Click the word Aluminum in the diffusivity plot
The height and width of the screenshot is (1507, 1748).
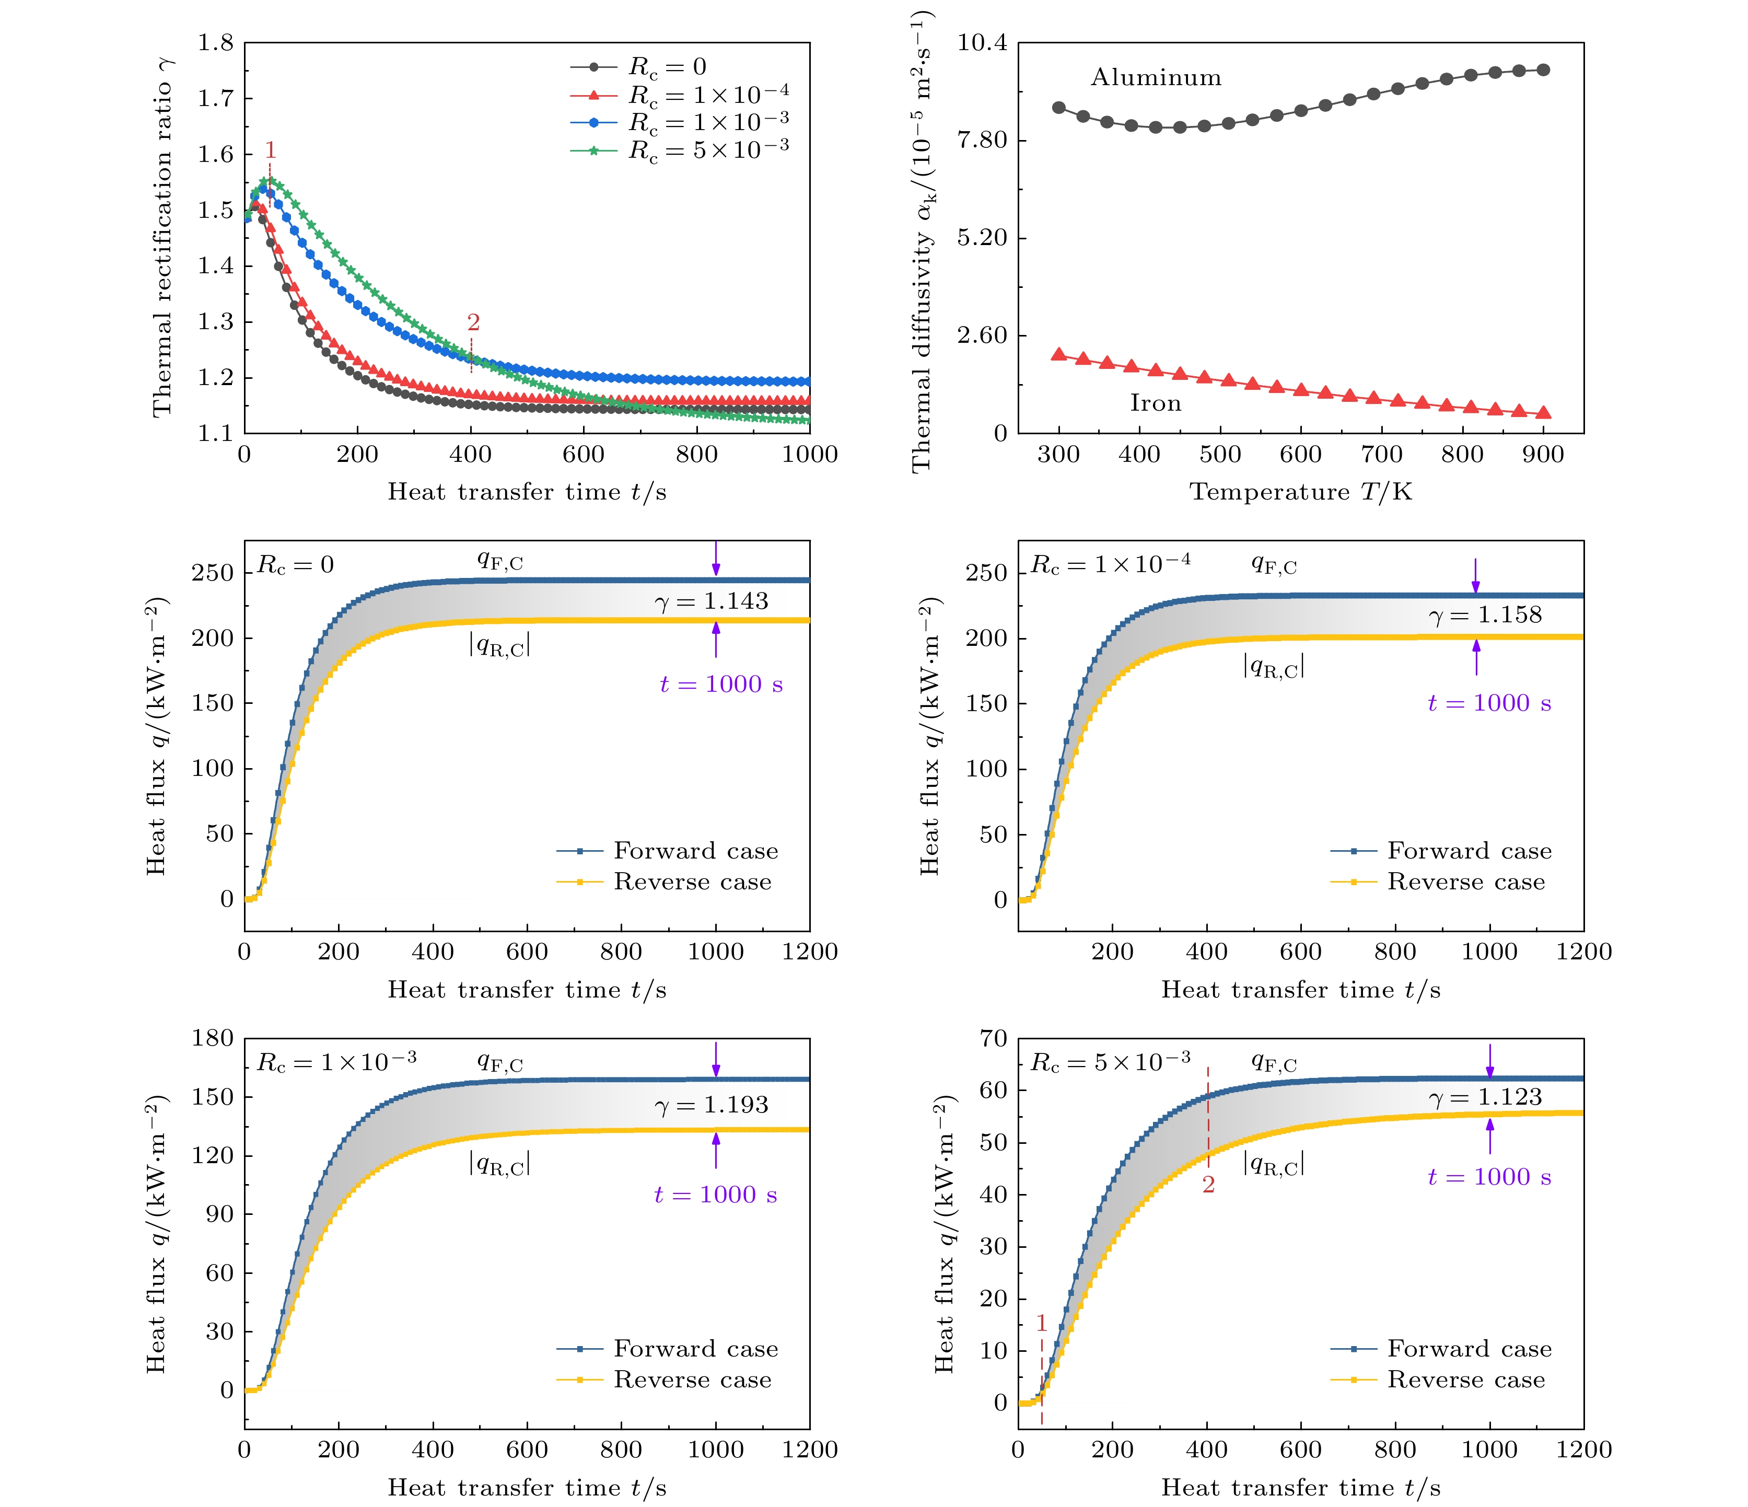point(1156,78)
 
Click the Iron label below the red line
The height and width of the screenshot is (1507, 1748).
point(1155,403)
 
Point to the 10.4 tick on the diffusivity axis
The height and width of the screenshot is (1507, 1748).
point(982,42)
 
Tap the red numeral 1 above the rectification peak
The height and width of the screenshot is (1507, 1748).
point(270,150)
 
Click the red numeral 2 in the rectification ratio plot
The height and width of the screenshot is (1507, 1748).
point(473,322)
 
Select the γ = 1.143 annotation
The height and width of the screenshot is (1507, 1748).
point(711,601)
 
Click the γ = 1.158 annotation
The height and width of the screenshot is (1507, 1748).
point(1485,615)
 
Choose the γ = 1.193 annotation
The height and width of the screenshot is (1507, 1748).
point(711,1105)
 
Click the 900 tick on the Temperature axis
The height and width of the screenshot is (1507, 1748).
point(1543,455)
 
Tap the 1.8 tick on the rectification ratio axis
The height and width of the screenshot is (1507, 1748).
point(216,42)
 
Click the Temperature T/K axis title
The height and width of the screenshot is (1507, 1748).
point(1300,492)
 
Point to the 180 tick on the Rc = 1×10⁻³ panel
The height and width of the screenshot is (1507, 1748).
point(213,1038)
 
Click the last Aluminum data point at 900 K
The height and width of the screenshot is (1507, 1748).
point(1543,70)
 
